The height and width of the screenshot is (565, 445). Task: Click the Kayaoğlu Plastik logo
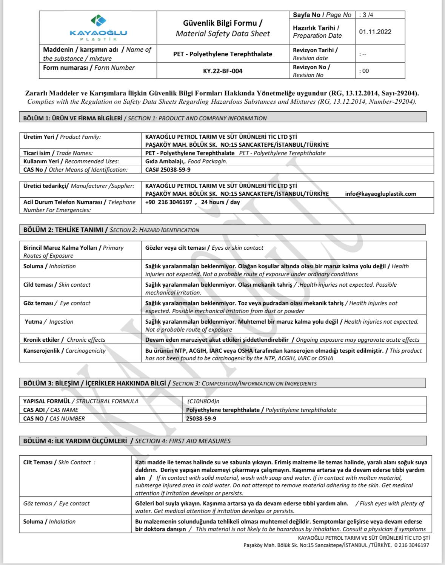(98, 28)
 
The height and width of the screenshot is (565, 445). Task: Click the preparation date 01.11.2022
(375, 32)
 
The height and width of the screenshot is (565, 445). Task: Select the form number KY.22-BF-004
(223, 71)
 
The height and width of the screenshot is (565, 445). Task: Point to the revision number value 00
(365, 71)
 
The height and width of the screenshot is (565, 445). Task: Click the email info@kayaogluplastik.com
(380, 194)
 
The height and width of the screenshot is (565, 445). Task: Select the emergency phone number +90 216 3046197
(169, 202)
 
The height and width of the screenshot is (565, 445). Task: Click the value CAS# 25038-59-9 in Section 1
(168, 170)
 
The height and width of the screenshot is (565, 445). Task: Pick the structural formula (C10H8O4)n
(203, 401)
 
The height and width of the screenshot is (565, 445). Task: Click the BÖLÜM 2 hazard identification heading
(111, 230)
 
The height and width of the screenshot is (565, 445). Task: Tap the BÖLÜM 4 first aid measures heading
(127, 441)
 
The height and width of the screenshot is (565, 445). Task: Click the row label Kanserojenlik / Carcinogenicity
(65, 351)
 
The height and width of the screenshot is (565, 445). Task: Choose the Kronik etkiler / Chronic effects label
(65, 340)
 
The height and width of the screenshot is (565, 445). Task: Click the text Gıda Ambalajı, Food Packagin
(186, 161)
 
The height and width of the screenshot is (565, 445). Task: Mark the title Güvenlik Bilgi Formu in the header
(223, 23)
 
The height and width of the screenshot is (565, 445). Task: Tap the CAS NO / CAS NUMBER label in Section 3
(54, 419)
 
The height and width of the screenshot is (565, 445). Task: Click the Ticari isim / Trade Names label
(58, 153)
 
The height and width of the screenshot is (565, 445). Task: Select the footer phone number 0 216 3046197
(412, 545)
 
